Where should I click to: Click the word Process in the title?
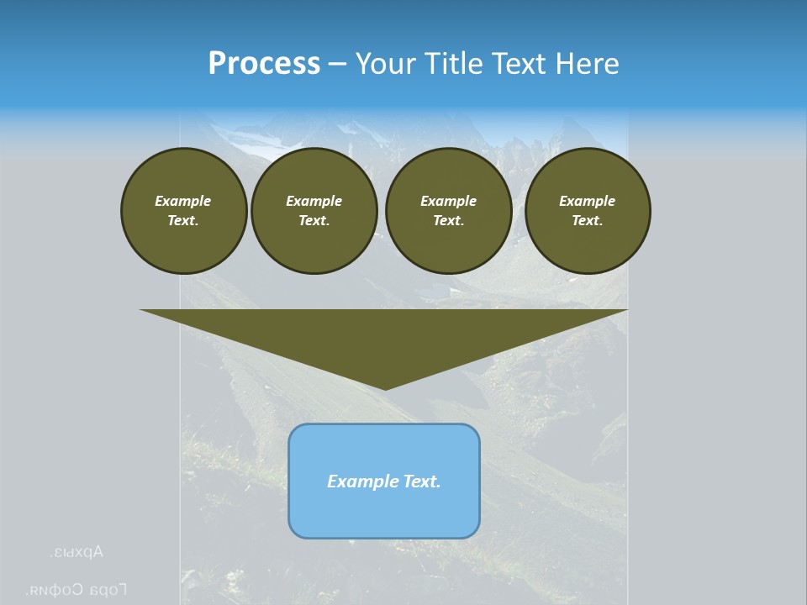[x=264, y=64]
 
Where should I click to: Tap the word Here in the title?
[x=587, y=64]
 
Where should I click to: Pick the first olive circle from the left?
[x=183, y=211]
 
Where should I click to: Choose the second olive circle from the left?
[x=314, y=211]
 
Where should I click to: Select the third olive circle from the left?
[x=448, y=211]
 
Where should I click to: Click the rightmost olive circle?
[x=588, y=211]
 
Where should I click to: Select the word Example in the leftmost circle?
[x=183, y=201]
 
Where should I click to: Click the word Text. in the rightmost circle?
[x=588, y=221]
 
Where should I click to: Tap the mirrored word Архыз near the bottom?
[x=76, y=553]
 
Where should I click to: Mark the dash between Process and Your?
[x=337, y=64]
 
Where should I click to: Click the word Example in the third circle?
[x=448, y=201]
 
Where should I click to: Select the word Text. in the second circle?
[x=314, y=221]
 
